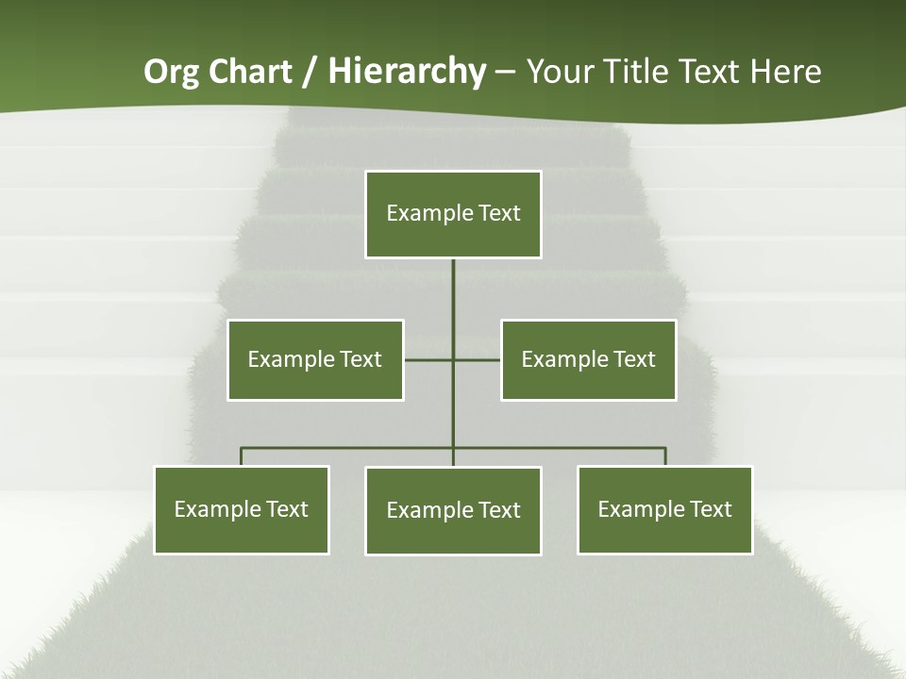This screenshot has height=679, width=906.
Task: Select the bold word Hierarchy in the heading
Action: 407,72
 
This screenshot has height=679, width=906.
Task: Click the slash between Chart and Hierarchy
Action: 309,73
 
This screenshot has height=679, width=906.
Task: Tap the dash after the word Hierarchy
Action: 505,73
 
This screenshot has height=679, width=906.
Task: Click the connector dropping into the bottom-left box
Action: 242,456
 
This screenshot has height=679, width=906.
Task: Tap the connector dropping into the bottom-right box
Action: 665,456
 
